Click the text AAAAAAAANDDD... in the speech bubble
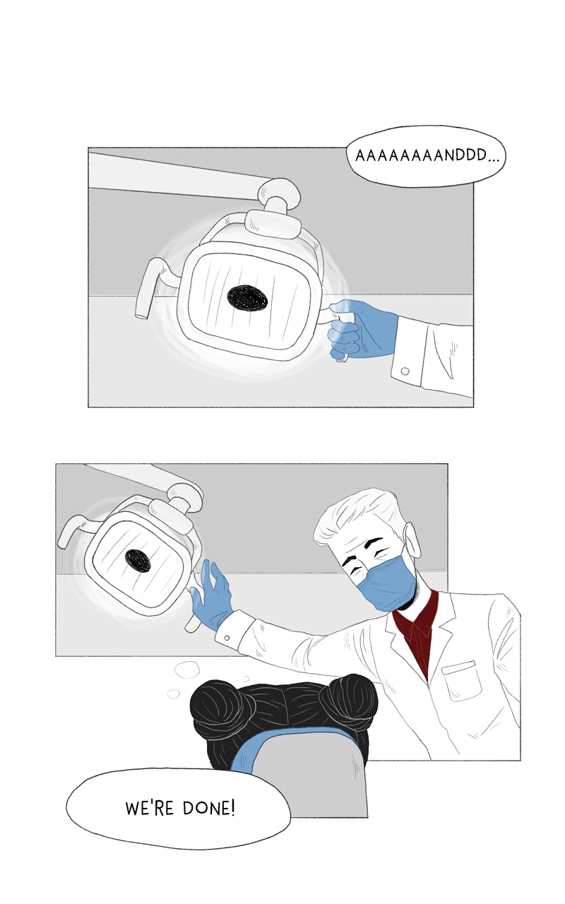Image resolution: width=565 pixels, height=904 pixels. point(427,156)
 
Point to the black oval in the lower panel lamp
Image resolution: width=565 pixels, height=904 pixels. point(138,561)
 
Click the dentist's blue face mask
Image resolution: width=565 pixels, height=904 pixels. point(383,581)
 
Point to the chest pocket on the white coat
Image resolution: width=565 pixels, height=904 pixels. point(462,681)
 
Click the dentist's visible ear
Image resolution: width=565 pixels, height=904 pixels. point(412,540)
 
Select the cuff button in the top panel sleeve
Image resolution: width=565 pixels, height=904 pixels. point(405,371)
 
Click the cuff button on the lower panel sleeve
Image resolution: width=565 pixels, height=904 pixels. point(227,638)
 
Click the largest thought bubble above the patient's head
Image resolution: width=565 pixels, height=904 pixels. point(187,671)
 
